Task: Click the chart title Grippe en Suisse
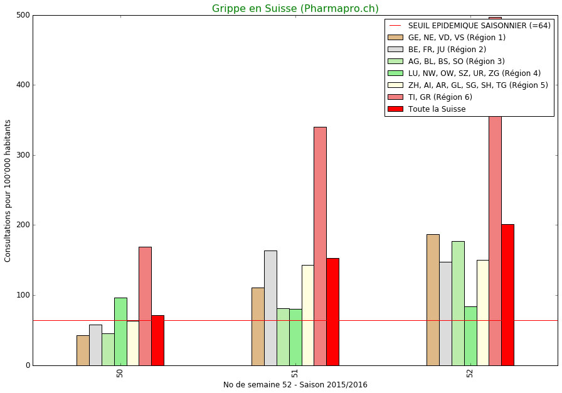[295, 9]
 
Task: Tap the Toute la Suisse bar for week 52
[507, 294]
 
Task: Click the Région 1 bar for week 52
[433, 299]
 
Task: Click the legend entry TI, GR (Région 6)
[440, 97]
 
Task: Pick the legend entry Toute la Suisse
[437, 109]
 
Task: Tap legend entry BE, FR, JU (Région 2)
[447, 50]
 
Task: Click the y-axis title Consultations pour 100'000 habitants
[8, 190]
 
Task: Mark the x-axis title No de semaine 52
[295, 385]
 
